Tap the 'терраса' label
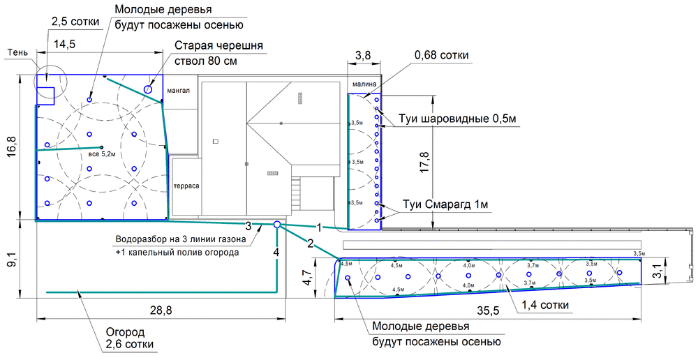click(x=186, y=188)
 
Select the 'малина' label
click(x=364, y=84)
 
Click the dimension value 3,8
click(x=362, y=54)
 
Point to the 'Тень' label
click(x=18, y=52)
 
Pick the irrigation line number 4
click(x=276, y=251)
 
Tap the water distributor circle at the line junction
click(x=277, y=225)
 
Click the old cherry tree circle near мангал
click(x=149, y=89)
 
